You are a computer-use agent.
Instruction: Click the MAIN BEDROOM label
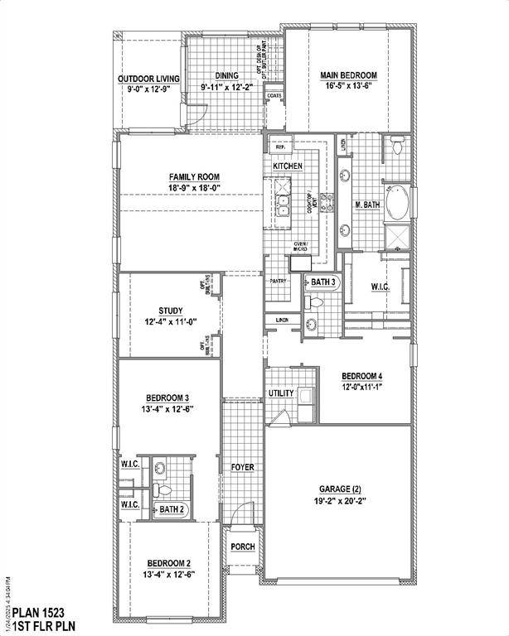348,75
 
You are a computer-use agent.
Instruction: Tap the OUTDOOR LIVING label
148,79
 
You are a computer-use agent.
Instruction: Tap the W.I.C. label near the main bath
381,287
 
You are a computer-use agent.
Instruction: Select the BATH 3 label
323,282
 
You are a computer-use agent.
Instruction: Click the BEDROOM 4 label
362,375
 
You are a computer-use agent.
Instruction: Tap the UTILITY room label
281,393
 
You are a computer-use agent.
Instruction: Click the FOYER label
242,467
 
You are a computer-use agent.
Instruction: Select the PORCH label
242,546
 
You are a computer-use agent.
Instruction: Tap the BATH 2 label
172,509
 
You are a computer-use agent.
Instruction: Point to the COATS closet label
274,96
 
